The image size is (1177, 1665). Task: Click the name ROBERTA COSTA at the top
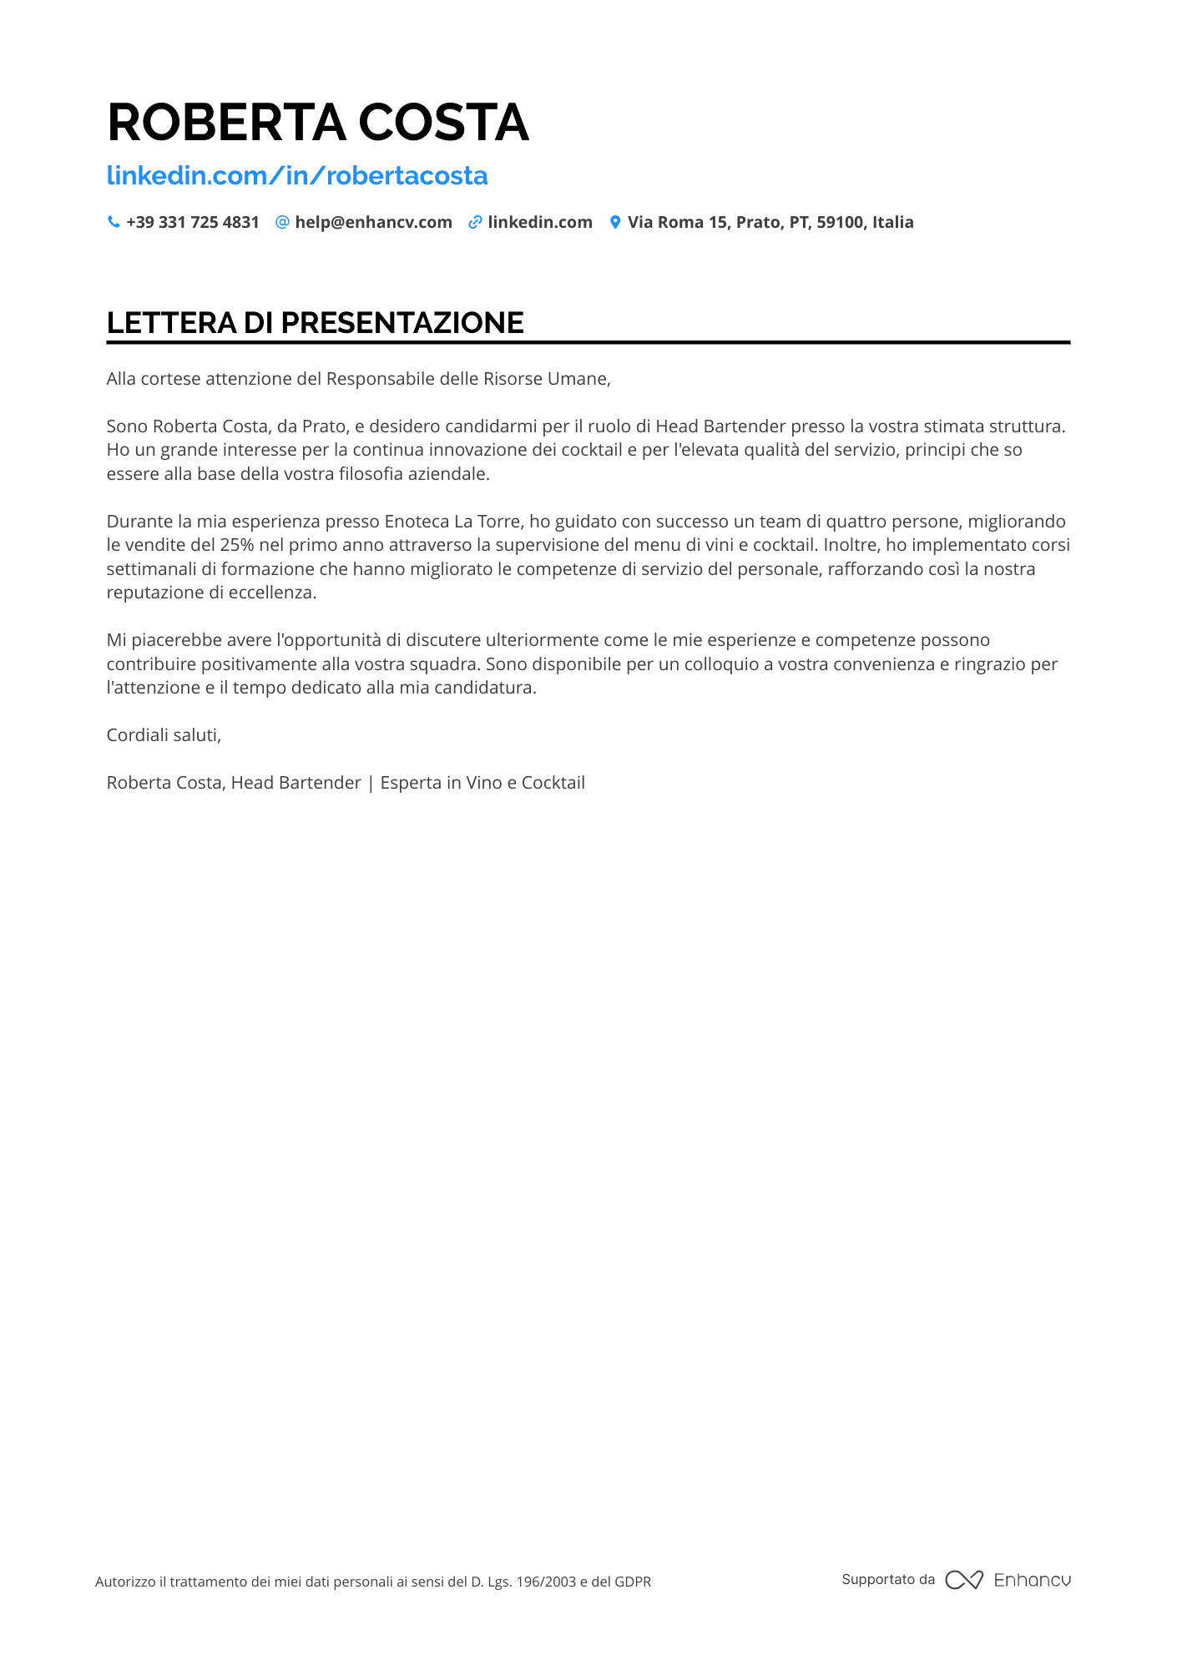pos(317,123)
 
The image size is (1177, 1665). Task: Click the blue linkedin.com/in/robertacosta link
pos(296,175)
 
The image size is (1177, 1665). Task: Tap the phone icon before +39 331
pos(114,222)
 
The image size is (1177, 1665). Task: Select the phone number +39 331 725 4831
pos(192,222)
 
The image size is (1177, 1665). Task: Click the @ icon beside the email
pos(282,222)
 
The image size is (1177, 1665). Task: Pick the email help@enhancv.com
pos(373,222)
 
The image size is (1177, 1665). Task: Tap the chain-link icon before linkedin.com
pos(475,222)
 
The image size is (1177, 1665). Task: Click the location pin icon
pos(615,222)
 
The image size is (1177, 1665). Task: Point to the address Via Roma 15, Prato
pos(770,222)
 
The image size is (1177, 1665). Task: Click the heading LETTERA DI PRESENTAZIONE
pos(315,323)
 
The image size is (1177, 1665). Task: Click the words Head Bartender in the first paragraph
pos(720,426)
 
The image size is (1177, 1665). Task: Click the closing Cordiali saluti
pos(164,735)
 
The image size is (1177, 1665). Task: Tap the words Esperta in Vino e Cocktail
pos(482,783)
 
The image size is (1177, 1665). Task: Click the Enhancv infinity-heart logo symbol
pos(964,1580)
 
